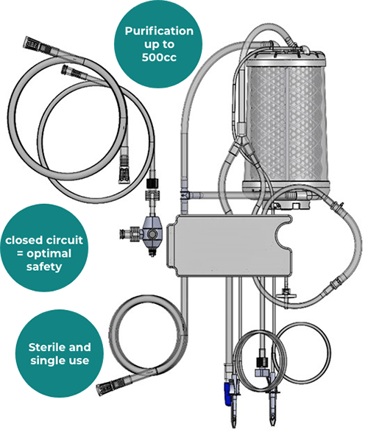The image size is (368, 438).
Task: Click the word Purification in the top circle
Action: pos(159,31)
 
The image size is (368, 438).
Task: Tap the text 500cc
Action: pos(159,57)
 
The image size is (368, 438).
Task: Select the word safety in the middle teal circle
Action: pos(44,266)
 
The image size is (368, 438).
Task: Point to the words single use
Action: pos(60,360)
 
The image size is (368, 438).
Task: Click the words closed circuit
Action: pos(44,240)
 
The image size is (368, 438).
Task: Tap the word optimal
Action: pos(49,254)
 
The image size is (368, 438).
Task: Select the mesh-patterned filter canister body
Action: pos(286,123)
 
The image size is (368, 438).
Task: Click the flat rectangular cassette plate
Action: pos(229,246)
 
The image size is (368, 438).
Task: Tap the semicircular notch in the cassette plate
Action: pos(283,236)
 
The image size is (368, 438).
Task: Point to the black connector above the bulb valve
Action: pos(152,183)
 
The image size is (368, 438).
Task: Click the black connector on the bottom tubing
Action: pos(263,362)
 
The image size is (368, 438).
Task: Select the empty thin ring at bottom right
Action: pos(302,353)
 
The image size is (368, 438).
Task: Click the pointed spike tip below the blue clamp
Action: pos(234,425)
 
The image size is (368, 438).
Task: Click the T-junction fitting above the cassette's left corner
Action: pos(185,194)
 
